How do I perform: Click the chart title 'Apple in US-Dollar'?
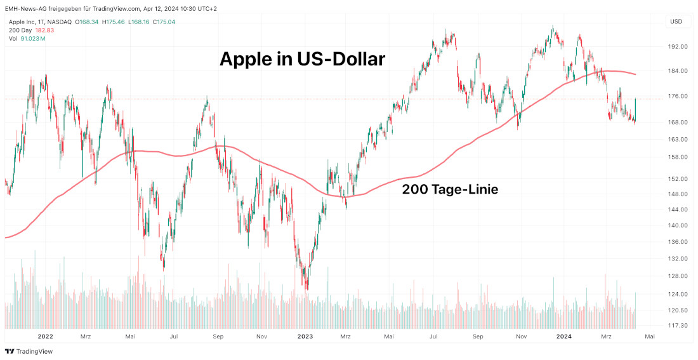(302, 59)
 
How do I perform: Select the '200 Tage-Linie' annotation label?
(450, 189)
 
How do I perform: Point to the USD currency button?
(676, 22)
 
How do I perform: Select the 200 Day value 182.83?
(44, 30)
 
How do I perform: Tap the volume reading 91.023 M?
(32, 39)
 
